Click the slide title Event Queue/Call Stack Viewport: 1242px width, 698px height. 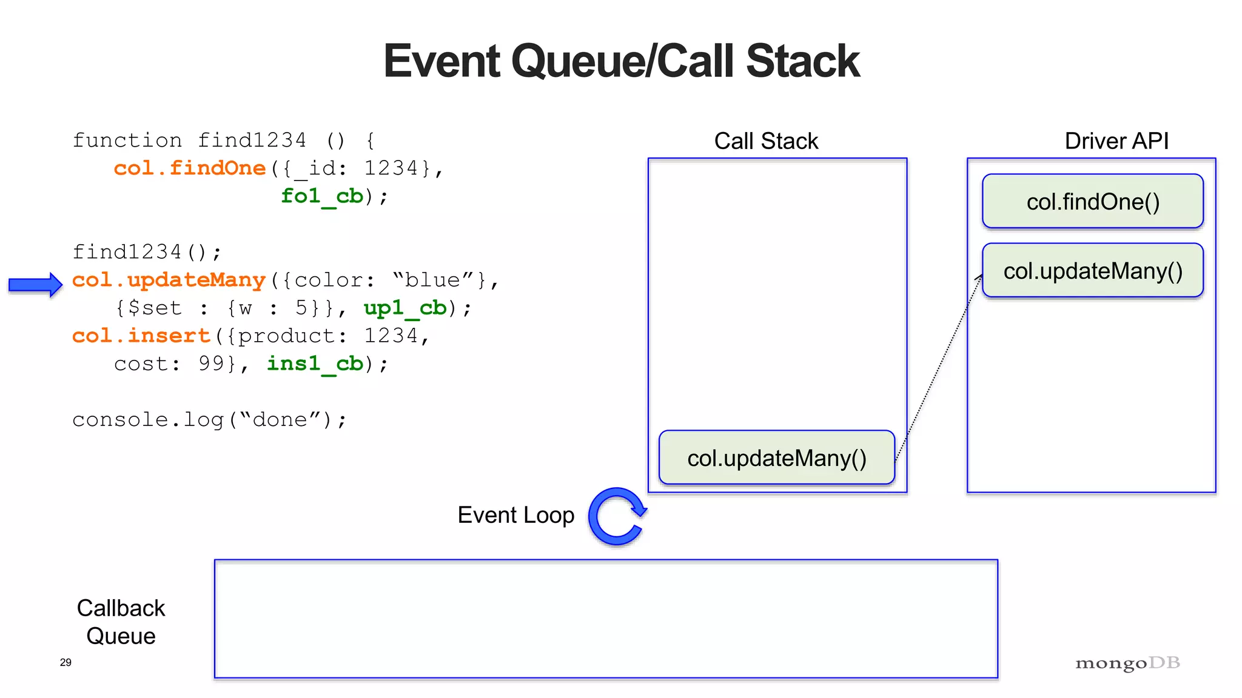(621, 61)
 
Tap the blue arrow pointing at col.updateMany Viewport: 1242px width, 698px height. (35, 284)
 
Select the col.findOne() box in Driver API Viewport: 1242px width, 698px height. (1092, 202)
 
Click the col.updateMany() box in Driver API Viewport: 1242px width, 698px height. (1092, 271)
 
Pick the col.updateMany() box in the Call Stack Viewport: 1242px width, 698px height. (776, 458)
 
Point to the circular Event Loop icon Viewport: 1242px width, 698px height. (617, 516)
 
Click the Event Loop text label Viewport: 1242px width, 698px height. (515, 515)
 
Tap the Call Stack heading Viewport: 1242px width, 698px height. (766, 141)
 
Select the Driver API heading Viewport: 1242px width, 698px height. (1116, 141)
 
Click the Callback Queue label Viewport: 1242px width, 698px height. (121, 622)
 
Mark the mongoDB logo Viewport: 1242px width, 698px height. (1127, 663)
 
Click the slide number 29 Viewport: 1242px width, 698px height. (65, 662)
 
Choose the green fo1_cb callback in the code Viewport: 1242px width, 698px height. (321, 196)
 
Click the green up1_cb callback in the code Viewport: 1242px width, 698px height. (404, 308)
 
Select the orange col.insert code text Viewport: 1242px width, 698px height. (141, 336)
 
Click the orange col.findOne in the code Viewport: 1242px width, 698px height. (189, 168)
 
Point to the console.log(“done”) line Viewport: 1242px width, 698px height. (209, 420)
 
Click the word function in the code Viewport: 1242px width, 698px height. (127, 141)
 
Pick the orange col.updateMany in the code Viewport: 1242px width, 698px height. (169, 280)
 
